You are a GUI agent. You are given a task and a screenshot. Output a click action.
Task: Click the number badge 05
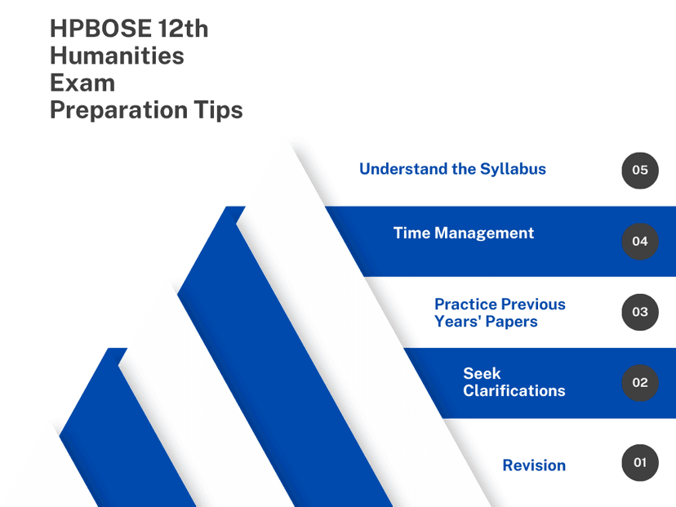click(640, 171)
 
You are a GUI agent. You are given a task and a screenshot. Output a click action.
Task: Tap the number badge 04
click(640, 242)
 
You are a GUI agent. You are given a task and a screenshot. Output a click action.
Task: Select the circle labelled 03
click(640, 312)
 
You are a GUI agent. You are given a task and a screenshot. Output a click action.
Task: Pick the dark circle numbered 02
click(640, 383)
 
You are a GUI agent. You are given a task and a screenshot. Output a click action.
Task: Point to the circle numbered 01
click(640, 463)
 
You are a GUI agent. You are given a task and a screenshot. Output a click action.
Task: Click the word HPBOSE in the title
click(101, 29)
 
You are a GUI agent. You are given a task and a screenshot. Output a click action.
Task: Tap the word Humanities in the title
click(117, 56)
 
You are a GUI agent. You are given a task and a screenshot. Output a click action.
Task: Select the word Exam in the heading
click(82, 82)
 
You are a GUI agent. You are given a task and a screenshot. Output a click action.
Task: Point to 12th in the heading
click(183, 29)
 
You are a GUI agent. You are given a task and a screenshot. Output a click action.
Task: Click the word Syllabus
click(513, 170)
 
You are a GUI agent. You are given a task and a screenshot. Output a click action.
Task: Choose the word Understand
click(402, 169)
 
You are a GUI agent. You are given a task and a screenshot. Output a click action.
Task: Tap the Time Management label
click(464, 233)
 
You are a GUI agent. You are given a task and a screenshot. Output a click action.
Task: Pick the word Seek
click(482, 373)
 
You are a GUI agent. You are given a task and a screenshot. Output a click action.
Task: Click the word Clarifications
click(514, 390)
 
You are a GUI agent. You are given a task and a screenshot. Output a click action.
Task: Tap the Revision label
click(534, 465)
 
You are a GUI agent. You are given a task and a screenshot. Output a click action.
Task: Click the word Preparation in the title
click(118, 110)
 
